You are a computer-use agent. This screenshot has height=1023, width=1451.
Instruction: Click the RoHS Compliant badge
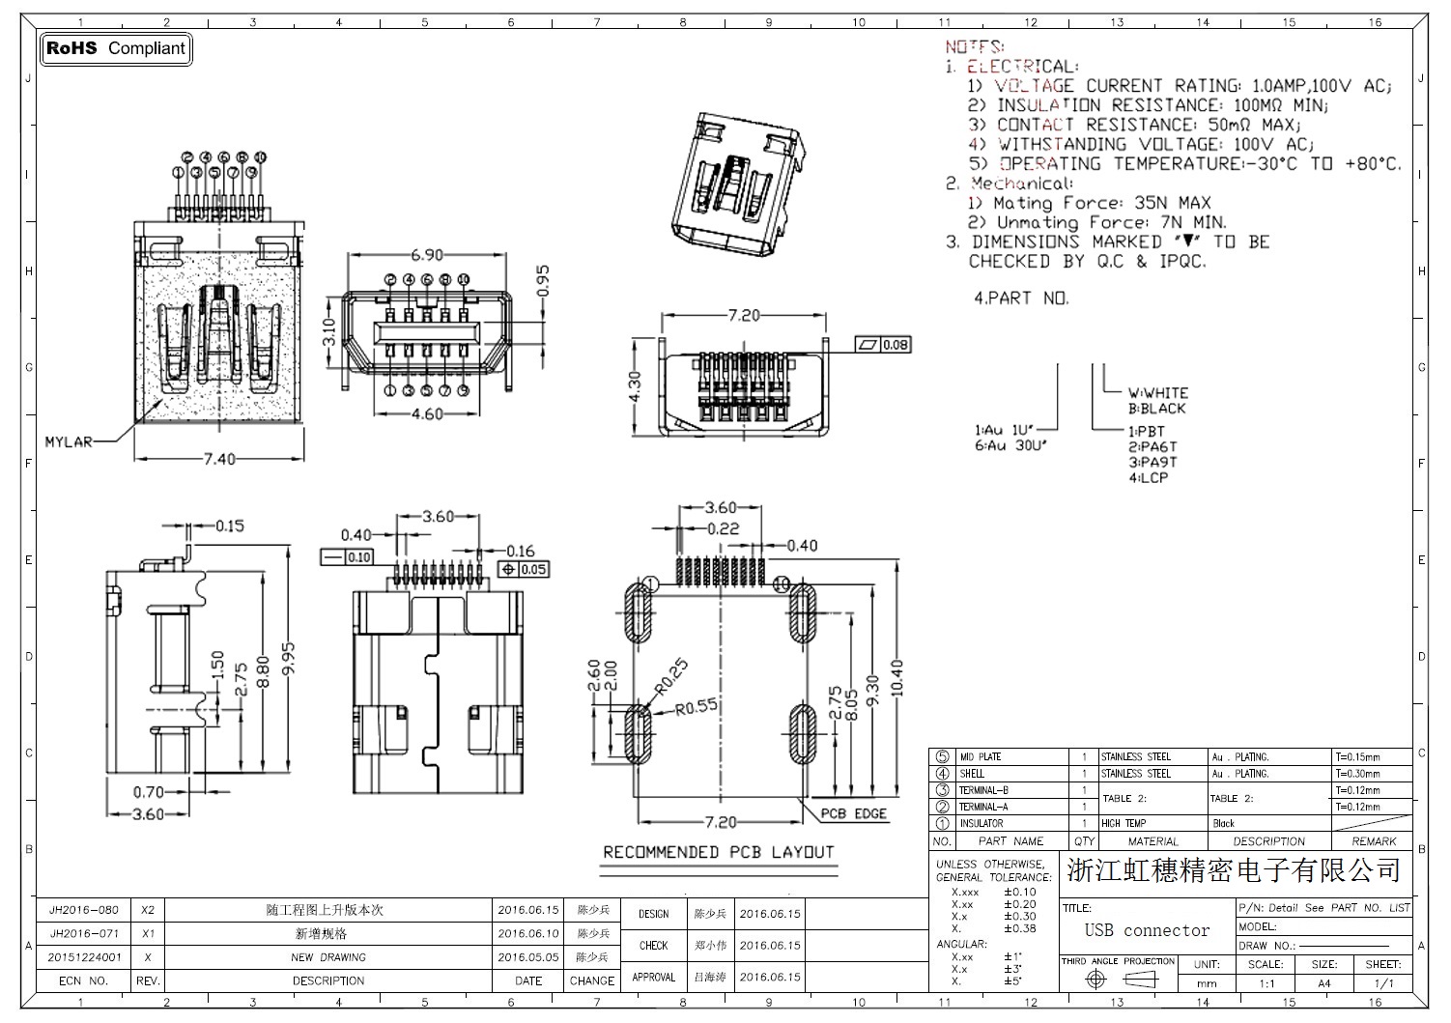116,48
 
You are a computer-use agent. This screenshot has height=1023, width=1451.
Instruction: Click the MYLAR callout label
69,442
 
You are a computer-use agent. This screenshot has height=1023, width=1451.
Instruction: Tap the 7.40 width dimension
219,459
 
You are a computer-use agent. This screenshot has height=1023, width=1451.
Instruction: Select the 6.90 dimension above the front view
427,255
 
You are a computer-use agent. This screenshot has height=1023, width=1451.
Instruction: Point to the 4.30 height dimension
635,386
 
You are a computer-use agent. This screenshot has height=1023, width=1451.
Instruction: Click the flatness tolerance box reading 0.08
884,345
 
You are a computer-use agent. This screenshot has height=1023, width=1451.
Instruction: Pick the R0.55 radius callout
697,707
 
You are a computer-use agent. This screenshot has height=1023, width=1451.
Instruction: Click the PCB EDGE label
854,813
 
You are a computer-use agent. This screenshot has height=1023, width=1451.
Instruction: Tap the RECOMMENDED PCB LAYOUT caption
718,852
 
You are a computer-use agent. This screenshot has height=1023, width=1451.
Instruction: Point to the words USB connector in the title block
1147,930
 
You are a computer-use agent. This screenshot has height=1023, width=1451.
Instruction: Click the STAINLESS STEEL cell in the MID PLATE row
1136,757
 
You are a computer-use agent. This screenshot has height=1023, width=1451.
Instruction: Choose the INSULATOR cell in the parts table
981,824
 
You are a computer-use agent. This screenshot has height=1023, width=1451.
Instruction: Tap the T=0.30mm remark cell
1357,774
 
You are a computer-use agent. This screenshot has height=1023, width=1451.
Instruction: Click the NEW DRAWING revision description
328,957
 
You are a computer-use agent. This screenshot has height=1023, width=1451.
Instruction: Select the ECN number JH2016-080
84,910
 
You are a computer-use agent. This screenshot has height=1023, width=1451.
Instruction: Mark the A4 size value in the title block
1323,983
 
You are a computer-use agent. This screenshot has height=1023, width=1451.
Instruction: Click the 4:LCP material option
1149,478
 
